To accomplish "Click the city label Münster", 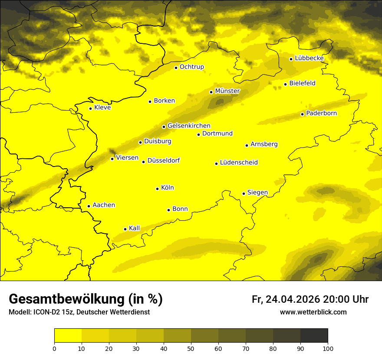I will (227, 91).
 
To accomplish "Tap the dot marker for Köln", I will (157, 189).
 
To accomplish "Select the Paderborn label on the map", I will (321, 113).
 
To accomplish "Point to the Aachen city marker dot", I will (89, 206).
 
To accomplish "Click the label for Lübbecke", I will (309, 58).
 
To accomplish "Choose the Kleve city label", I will (102, 108).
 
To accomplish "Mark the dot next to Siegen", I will (244, 193).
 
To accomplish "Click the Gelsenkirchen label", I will (189, 126).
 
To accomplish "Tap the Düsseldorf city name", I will (164, 160).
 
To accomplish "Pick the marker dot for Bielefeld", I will (285, 84).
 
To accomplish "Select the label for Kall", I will (134, 228).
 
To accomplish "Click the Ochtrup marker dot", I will (176, 68).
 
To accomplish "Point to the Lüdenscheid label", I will (239, 163).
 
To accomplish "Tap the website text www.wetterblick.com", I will (313, 312).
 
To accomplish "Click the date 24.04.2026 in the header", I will (293, 299).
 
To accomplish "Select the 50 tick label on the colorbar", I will (191, 348).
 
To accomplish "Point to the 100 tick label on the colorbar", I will (328, 348).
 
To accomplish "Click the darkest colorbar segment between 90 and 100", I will (314, 335).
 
